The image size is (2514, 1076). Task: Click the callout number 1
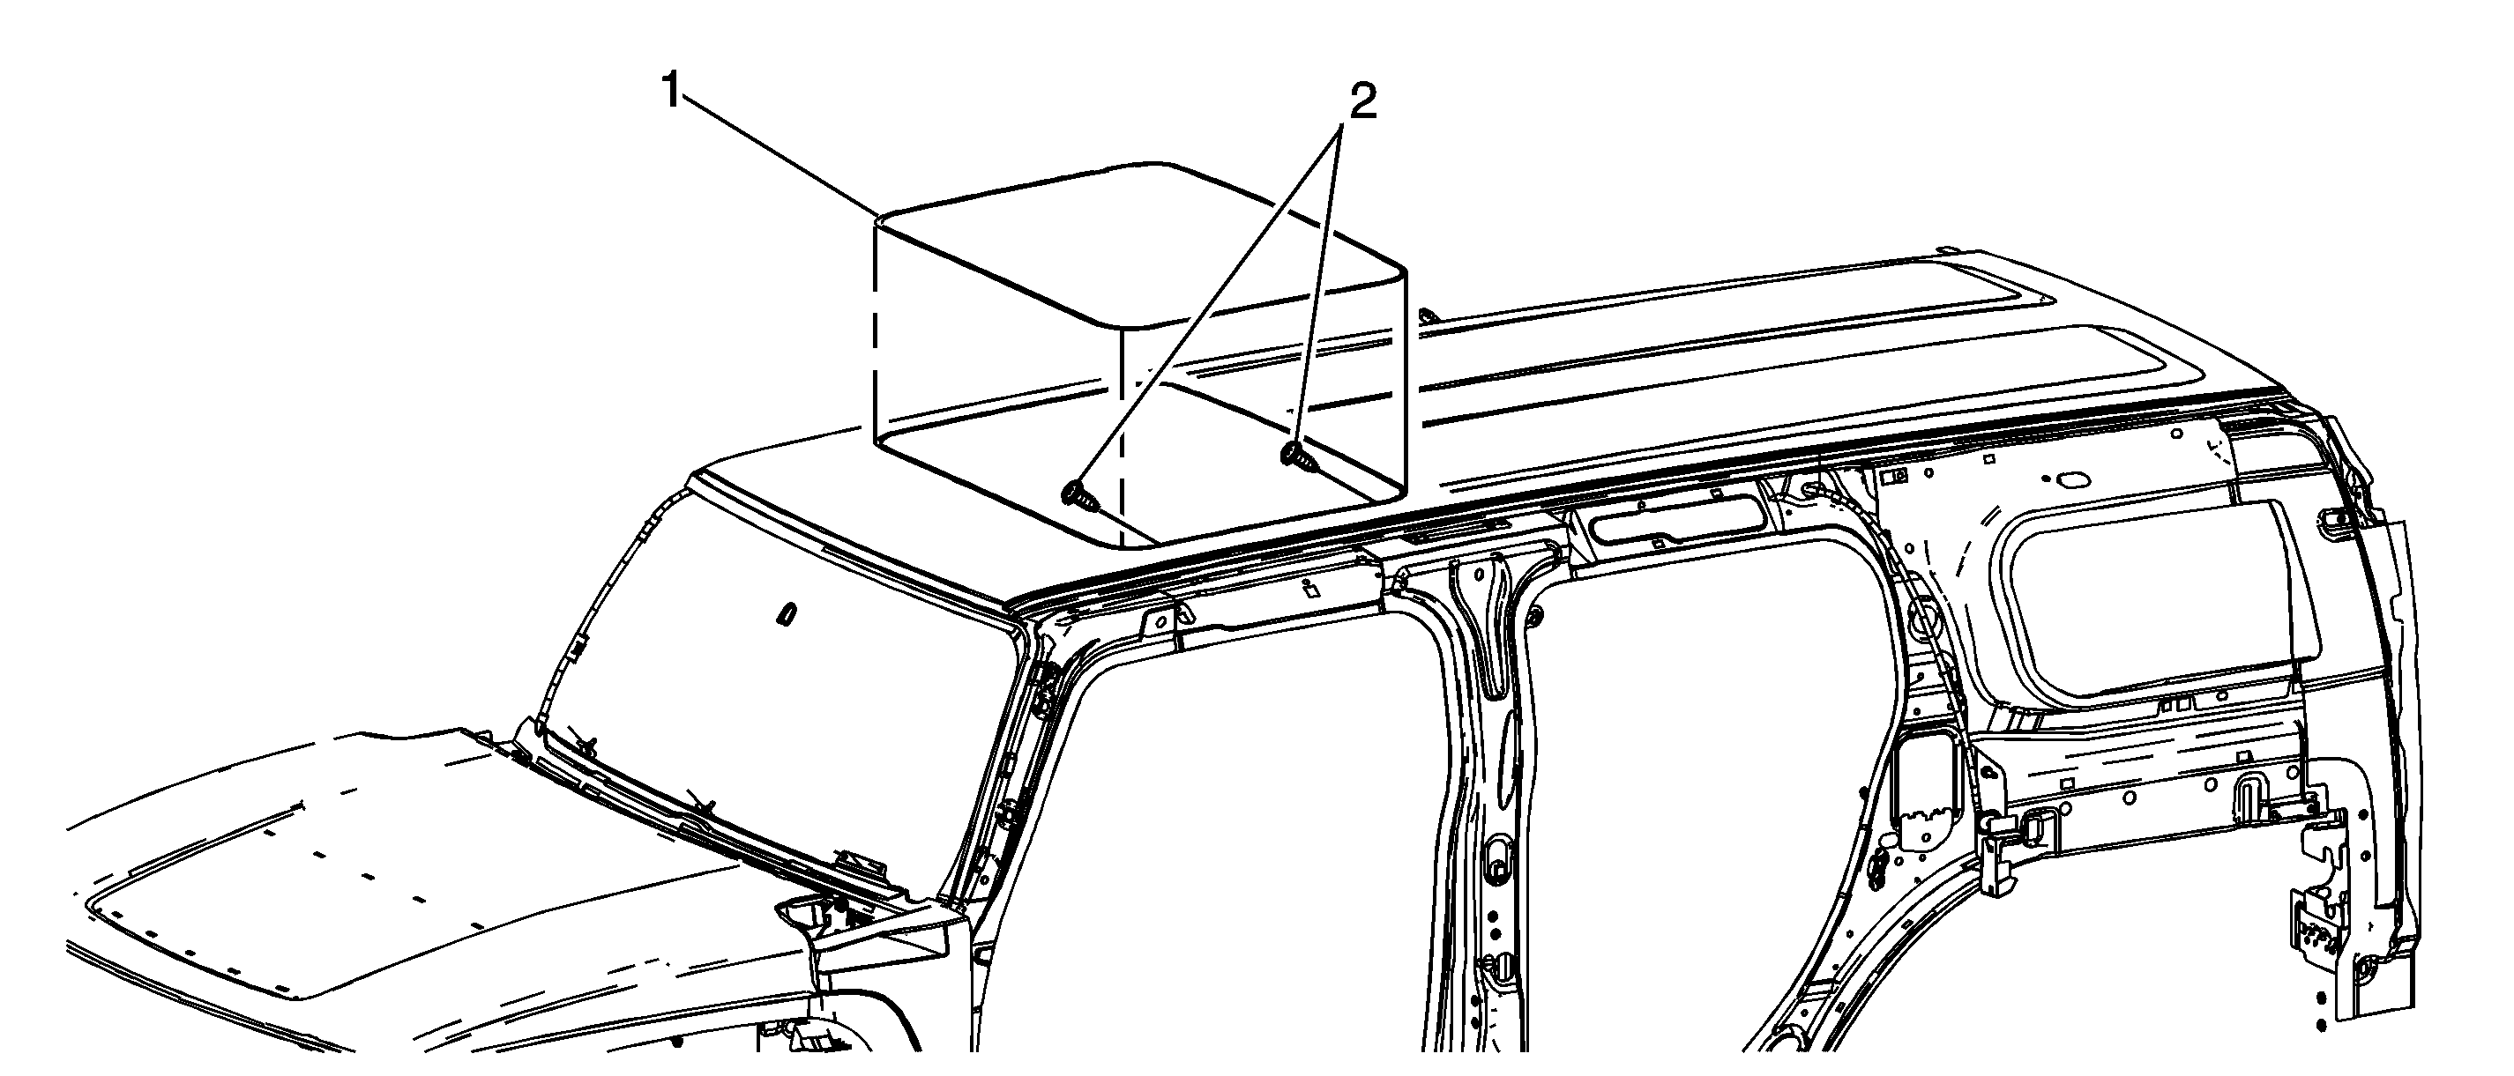670,93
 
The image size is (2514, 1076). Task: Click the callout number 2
1362,101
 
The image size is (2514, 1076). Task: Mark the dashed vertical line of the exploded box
874,341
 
